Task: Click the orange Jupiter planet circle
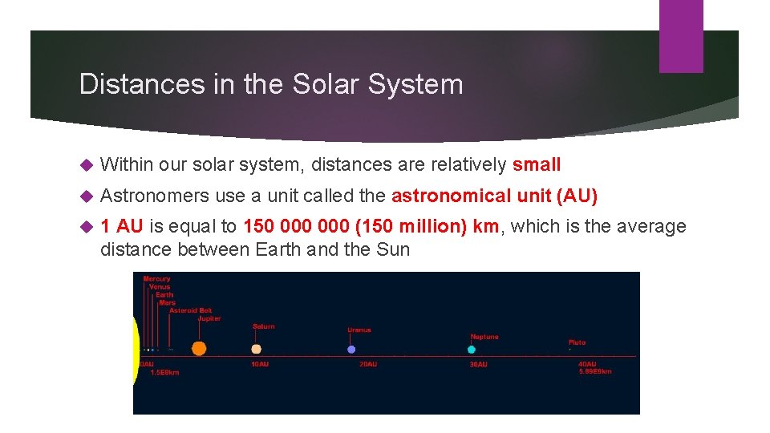pyautogui.click(x=199, y=348)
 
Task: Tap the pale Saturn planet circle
pyautogui.click(x=257, y=349)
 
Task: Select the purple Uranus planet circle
pyautogui.click(x=351, y=350)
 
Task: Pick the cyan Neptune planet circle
pyautogui.click(x=472, y=350)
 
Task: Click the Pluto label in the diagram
pyautogui.click(x=577, y=342)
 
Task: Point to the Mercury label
pyautogui.click(x=157, y=279)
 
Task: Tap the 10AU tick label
pyautogui.click(x=260, y=364)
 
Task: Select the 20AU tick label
pyautogui.click(x=367, y=364)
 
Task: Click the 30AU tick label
pyautogui.click(x=477, y=364)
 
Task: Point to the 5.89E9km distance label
pyautogui.click(x=595, y=371)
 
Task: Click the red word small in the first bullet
pyautogui.click(x=537, y=165)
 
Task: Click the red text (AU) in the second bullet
pyautogui.click(x=576, y=196)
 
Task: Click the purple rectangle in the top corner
pyautogui.click(x=681, y=36)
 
